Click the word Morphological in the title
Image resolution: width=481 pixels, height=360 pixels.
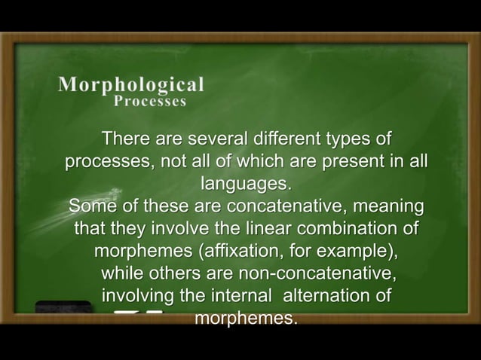130,84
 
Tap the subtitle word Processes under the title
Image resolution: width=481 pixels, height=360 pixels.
149,102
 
